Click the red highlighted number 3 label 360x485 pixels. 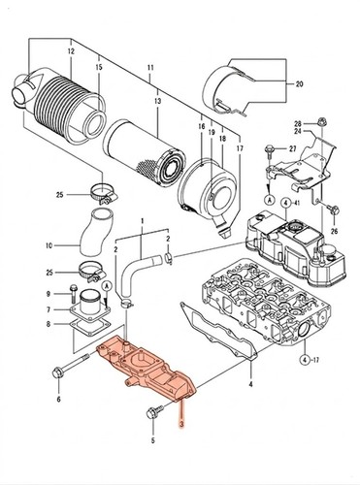tap(181, 424)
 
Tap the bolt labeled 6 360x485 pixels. tap(70, 365)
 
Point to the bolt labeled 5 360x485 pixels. tap(155, 411)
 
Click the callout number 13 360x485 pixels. tap(157, 101)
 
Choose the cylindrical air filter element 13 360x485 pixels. tap(145, 153)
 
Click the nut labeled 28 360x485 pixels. tap(321, 122)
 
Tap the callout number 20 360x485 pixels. tap(300, 84)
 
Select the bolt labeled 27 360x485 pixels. tap(269, 149)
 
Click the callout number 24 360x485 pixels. tap(298, 131)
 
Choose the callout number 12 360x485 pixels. tap(71, 51)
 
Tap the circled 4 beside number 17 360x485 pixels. tap(304, 359)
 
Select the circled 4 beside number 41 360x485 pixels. tap(285, 204)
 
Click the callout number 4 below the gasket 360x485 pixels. tap(250, 385)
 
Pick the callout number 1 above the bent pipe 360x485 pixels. tap(142, 221)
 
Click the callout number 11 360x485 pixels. tap(150, 68)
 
